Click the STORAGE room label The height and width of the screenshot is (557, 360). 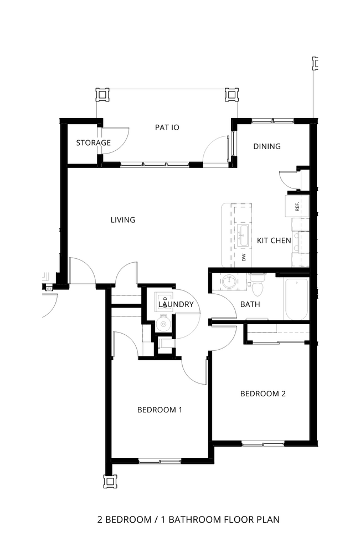[x=93, y=143]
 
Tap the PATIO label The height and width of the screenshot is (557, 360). [x=167, y=127]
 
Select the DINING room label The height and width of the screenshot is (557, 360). [x=267, y=147]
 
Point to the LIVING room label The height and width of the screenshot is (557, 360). [x=123, y=220]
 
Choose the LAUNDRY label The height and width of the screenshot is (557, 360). [x=176, y=304]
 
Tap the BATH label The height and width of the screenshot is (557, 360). [x=250, y=304]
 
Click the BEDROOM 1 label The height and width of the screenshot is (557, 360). [x=160, y=410]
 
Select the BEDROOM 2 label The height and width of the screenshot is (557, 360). [x=263, y=394]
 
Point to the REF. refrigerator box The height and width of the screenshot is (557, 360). [x=296, y=206]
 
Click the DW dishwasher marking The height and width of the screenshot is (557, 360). [x=243, y=257]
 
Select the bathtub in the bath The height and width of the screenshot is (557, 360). [x=296, y=299]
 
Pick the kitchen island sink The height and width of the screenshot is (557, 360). [x=243, y=236]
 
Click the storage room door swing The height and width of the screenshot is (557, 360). [x=118, y=139]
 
